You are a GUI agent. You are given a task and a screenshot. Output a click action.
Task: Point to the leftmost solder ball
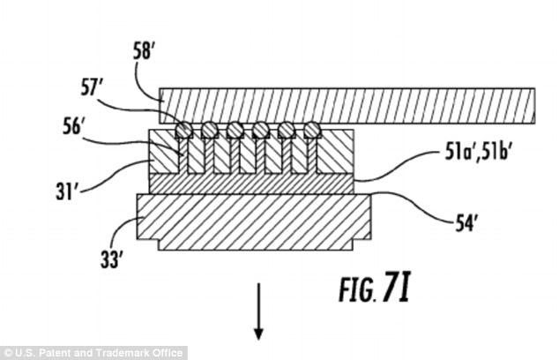click(x=183, y=131)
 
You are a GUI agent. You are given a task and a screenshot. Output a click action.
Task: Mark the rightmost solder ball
click(x=311, y=131)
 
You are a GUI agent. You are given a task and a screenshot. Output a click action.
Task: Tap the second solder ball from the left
click(x=209, y=131)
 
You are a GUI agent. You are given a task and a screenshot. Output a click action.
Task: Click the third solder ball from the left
click(x=235, y=131)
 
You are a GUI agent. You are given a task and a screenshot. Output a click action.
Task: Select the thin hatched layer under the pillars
click(x=254, y=183)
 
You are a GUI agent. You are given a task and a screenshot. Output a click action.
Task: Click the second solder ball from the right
click(x=286, y=131)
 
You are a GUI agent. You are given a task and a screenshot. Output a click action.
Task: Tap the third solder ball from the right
click(x=260, y=131)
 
